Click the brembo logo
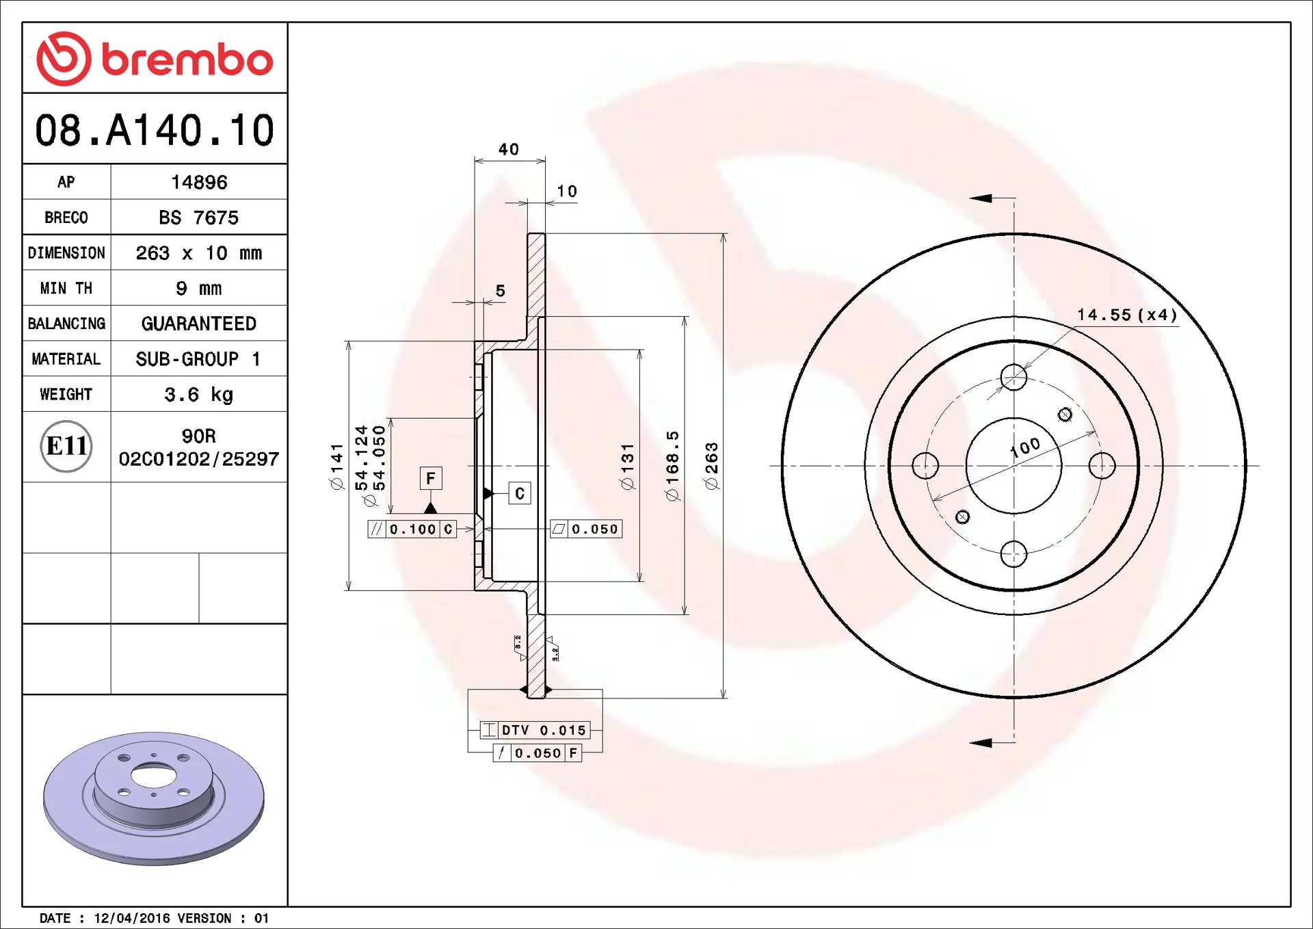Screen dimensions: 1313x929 155,59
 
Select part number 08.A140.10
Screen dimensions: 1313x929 155,130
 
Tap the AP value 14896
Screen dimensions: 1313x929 199,182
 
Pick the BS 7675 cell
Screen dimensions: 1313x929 199,218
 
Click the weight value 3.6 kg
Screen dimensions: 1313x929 199,395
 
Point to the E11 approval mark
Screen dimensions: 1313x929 66,446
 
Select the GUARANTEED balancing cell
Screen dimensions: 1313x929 199,324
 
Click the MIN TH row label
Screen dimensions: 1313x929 66,288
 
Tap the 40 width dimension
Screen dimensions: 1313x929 509,149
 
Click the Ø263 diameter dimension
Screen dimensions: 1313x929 712,466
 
